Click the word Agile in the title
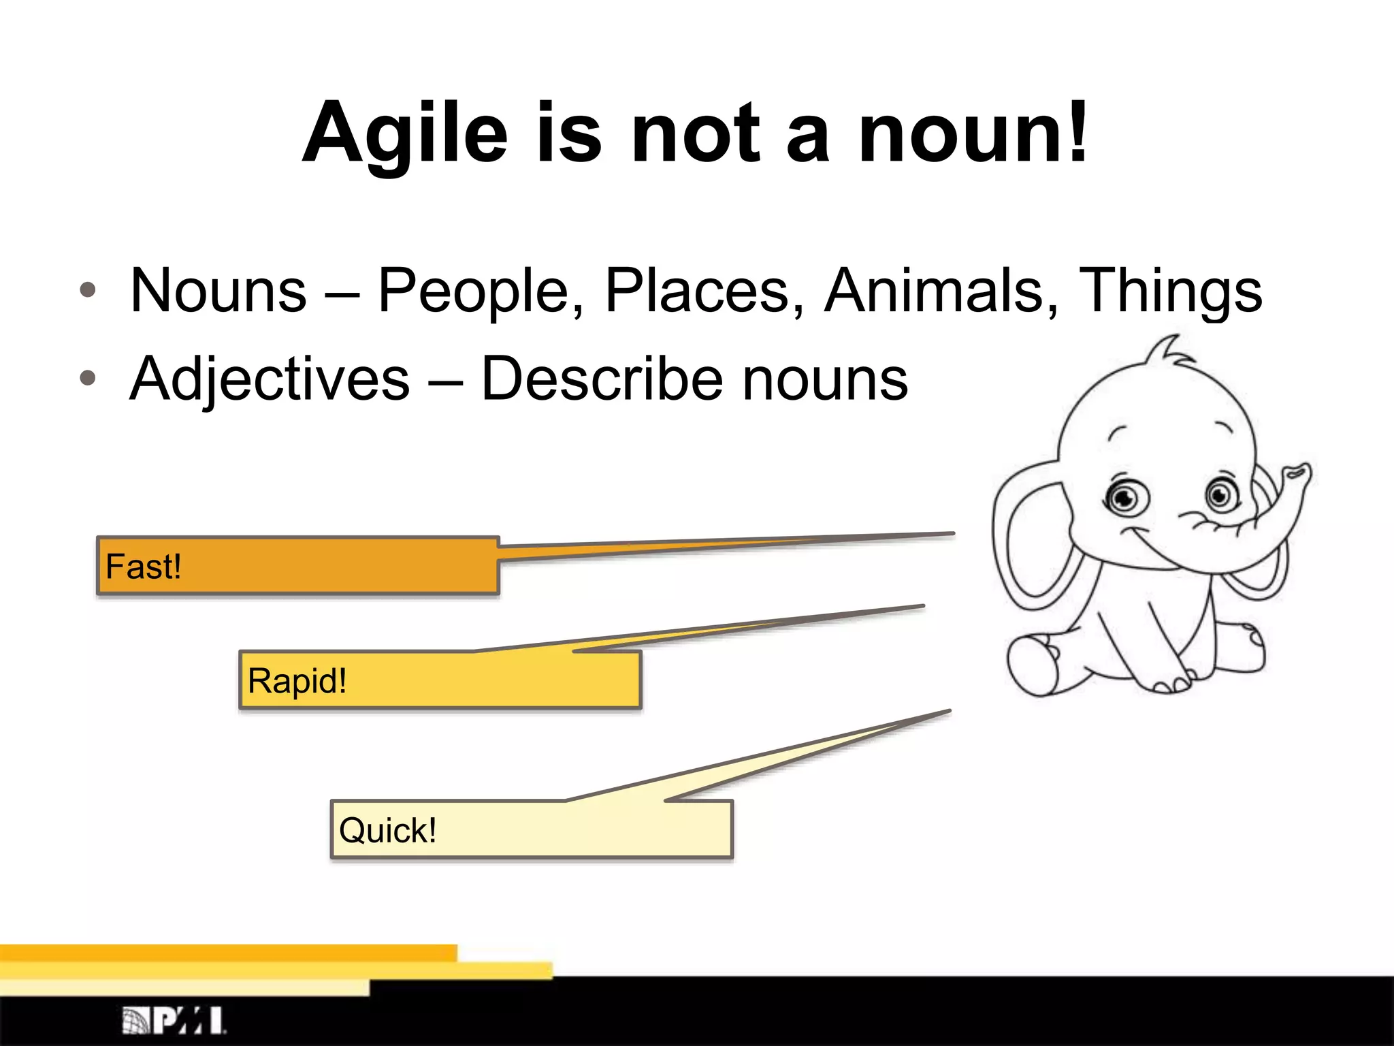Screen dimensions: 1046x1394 [x=406, y=133]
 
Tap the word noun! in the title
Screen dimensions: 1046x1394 [x=973, y=133]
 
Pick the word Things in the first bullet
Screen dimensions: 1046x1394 [x=1171, y=291]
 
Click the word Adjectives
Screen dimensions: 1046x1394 [x=270, y=380]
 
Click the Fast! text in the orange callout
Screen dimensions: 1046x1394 [x=144, y=567]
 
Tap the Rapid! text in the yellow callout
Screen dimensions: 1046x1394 [x=297, y=681]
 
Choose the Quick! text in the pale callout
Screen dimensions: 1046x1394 [x=387, y=831]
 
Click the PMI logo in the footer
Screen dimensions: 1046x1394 [x=174, y=1020]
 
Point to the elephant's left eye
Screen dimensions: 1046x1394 [x=1125, y=499]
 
